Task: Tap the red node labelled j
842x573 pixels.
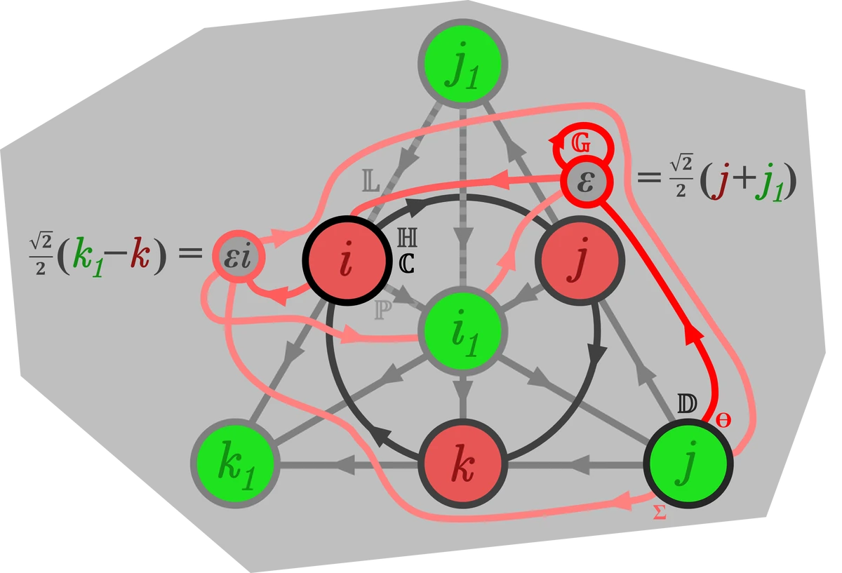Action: [x=580, y=259]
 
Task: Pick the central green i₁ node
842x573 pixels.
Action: [x=461, y=331]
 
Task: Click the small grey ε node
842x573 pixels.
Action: [x=585, y=181]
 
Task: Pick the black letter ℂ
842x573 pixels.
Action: [x=406, y=262]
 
